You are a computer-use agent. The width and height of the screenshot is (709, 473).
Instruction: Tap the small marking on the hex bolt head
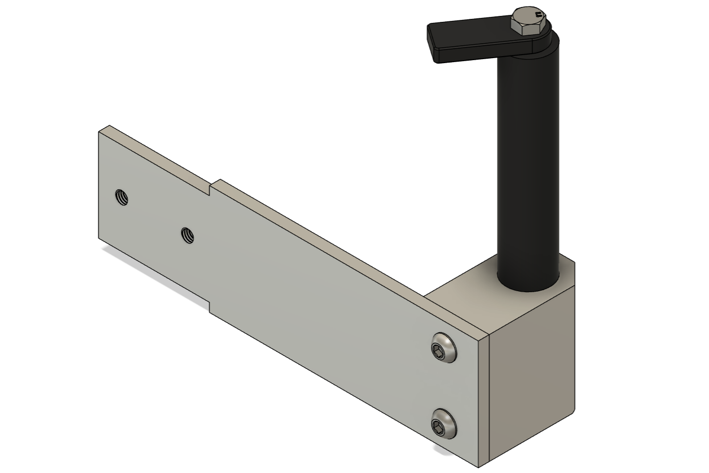click(538, 15)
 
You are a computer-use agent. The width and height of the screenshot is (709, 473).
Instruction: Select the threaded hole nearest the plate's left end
click(121, 197)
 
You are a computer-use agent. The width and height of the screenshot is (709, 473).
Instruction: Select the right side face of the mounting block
click(534, 378)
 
